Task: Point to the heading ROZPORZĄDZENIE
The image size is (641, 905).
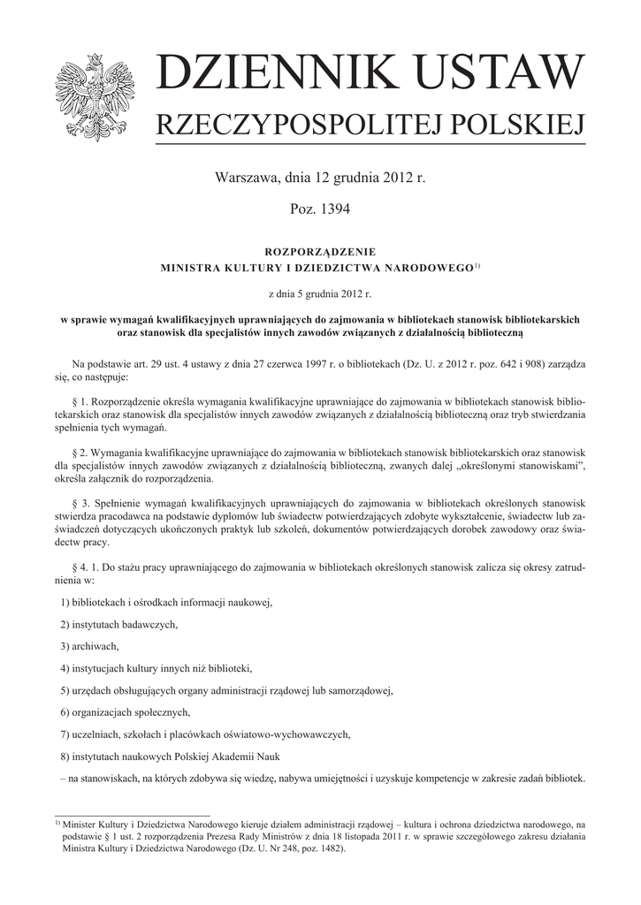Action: pyautogui.click(x=320, y=251)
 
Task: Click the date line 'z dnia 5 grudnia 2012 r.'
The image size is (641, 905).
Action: pyautogui.click(x=320, y=291)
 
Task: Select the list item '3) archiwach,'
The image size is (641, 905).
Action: pyautogui.click(x=90, y=647)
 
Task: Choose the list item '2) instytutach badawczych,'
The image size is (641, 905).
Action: pyautogui.click(x=119, y=625)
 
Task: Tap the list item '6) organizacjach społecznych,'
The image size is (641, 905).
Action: pyautogui.click(x=126, y=712)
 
